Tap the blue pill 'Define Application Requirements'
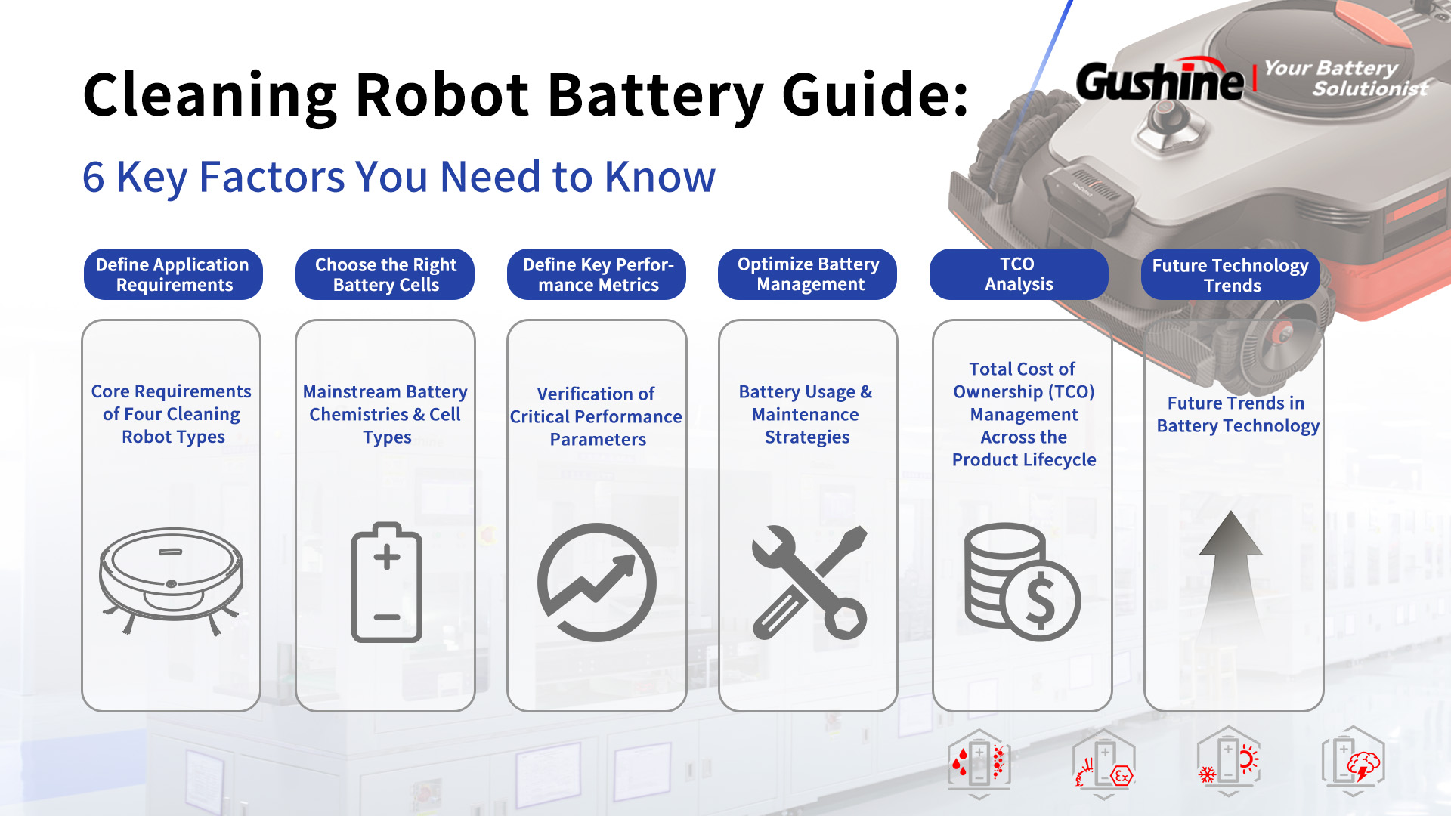(x=173, y=274)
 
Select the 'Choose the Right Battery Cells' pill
(x=385, y=274)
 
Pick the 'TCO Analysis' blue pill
(x=1019, y=274)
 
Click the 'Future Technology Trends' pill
(x=1230, y=274)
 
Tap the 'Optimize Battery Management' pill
(x=807, y=274)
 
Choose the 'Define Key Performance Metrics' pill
(x=596, y=274)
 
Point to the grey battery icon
(x=387, y=582)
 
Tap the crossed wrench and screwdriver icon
(x=809, y=583)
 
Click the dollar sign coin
(x=1041, y=601)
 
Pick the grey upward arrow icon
(x=1231, y=578)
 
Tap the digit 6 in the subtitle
(x=94, y=178)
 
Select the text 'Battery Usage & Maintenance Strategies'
(x=806, y=414)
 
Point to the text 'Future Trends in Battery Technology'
(x=1237, y=414)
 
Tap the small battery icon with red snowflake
(x=1229, y=762)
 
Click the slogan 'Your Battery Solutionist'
(x=1346, y=79)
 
